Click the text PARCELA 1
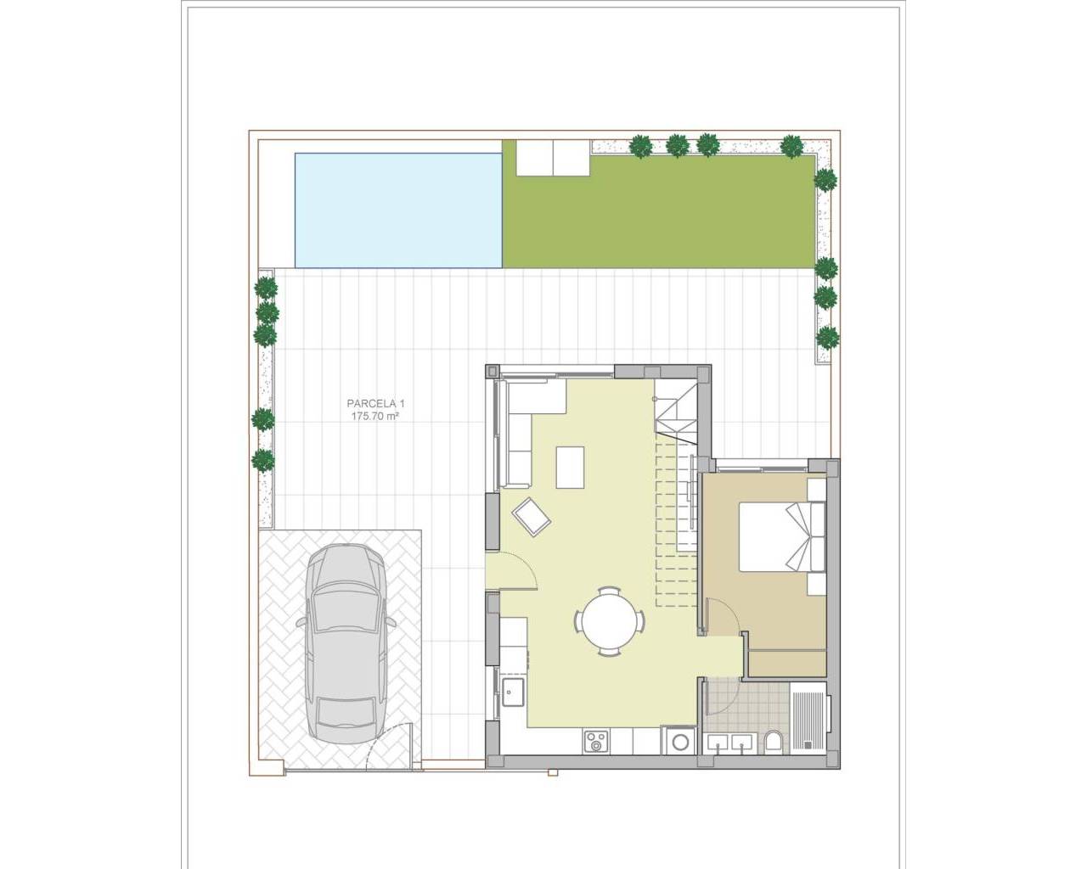[x=375, y=404]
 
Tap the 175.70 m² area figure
[x=375, y=417]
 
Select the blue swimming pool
[x=398, y=210]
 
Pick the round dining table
[x=607, y=620]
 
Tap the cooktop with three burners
[x=596, y=742]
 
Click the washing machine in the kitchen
[x=680, y=741]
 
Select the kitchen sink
[x=512, y=692]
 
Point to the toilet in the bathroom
[x=774, y=743]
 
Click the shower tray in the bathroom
[x=808, y=721]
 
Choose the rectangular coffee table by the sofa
[x=571, y=467]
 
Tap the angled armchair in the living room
[x=531, y=516]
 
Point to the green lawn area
[x=658, y=212]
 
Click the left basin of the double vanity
[x=719, y=744]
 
